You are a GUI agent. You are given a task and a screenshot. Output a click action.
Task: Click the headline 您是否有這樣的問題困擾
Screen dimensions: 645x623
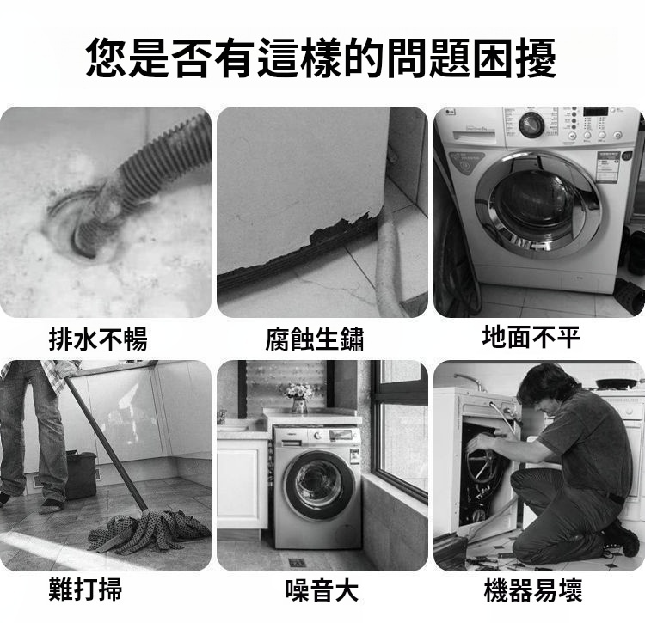click(x=322, y=58)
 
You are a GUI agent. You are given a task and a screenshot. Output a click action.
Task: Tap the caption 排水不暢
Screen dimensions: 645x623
click(x=98, y=339)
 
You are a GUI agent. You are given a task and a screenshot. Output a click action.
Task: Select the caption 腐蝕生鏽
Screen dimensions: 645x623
click(x=315, y=339)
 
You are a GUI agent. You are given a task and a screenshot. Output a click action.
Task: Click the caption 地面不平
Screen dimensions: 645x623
click(x=531, y=337)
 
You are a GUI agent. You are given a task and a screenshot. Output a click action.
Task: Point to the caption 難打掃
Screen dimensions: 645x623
click(x=85, y=589)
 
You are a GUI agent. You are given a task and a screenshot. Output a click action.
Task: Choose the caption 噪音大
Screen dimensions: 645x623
click(x=322, y=590)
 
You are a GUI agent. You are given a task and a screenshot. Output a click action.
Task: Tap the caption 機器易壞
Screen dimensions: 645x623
click(x=533, y=589)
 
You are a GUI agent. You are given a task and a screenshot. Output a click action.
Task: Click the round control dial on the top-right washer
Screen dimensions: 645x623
click(x=531, y=125)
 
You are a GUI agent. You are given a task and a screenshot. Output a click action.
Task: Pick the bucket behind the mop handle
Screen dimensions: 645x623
click(x=81, y=474)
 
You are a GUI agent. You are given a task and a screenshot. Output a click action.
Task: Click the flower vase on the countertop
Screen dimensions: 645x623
click(x=299, y=406)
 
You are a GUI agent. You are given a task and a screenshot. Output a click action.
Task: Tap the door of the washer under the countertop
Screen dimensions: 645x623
click(x=319, y=486)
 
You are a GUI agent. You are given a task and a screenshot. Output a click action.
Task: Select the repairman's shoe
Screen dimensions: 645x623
click(x=621, y=538)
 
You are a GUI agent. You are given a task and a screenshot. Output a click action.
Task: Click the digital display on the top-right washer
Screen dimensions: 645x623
click(x=595, y=111)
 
